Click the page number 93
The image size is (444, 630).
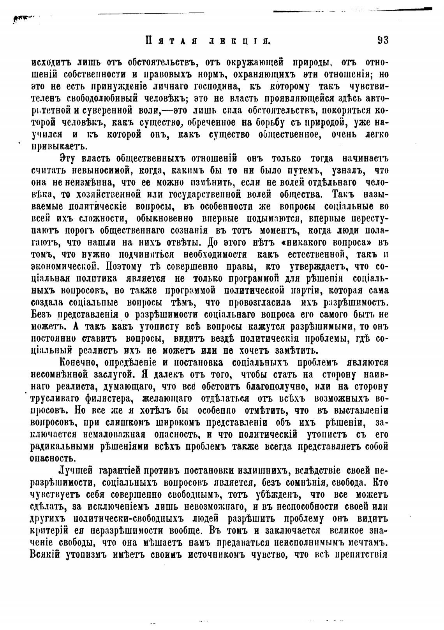click(383, 40)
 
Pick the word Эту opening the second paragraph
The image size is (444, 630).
click(69, 159)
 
